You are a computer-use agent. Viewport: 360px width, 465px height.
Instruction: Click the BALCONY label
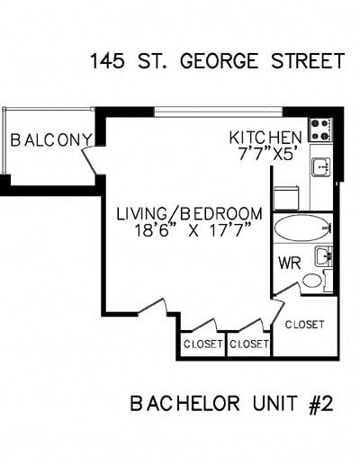pyautogui.click(x=50, y=140)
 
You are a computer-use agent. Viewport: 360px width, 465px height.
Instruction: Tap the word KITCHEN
pyautogui.click(x=265, y=137)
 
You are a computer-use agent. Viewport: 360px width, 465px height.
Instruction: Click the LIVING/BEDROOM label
pyautogui.click(x=190, y=214)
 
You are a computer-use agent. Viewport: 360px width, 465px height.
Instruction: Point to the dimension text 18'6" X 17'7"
pyautogui.click(x=190, y=231)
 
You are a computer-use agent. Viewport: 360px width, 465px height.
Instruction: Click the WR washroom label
pyautogui.click(x=288, y=264)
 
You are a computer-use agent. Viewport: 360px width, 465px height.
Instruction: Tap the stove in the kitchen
pyautogui.click(x=320, y=130)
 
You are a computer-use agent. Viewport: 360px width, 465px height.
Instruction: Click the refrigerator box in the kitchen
pyautogui.click(x=286, y=196)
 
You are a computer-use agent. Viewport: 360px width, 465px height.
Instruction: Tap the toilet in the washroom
pyautogui.click(x=312, y=281)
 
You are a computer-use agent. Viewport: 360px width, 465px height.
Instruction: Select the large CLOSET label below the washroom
pyautogui.click(x=304, y=325)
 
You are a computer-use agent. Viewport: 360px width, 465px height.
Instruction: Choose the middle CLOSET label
pyautogui.click(x=248, y=344)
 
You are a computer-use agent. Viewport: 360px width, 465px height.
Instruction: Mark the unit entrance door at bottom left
pyautogui.click(x=156, y=308)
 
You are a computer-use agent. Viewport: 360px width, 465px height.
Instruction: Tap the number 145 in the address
pyautogui.click(x=107, y=61)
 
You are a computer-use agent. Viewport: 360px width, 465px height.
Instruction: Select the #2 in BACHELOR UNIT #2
pyautogui.click(x=319, y=404)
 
